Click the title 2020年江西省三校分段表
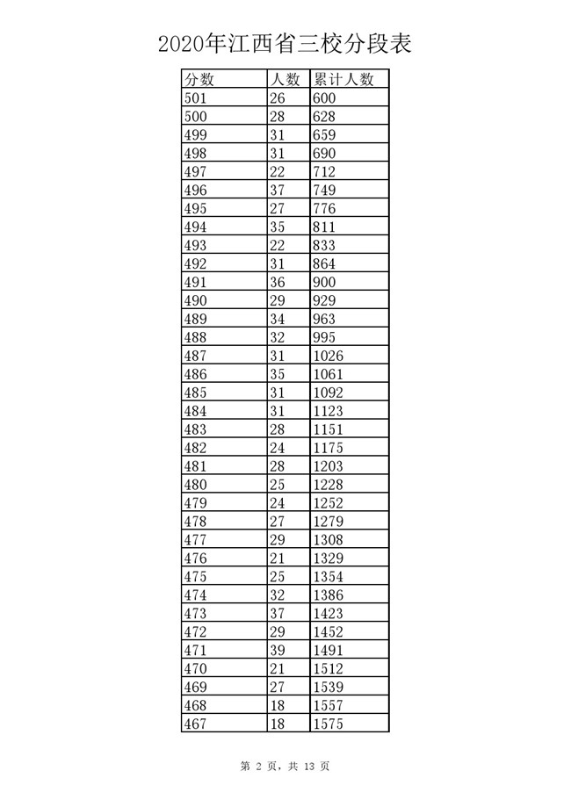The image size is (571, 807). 285,43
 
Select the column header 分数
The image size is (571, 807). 200,80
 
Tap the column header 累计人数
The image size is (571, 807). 343,80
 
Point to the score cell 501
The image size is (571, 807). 195,98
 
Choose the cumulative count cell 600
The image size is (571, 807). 324,98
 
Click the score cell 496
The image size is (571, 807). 195,190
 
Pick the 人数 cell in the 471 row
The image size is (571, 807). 278,651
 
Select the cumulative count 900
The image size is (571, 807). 324,282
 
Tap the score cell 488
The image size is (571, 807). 195,337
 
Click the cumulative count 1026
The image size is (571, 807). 329,356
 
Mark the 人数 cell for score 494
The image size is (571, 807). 278,227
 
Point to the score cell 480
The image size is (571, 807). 195,485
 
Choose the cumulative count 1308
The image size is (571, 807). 329,540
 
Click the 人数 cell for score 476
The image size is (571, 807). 278,558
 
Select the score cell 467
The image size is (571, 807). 195,724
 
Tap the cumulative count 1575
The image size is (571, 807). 329,724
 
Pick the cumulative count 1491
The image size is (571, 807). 329,651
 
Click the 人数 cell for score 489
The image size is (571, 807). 278,319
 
